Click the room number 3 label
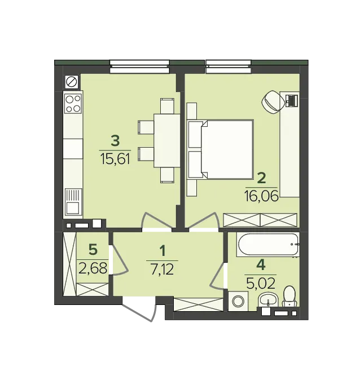tap(115, 139)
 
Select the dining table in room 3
tap(166, 140)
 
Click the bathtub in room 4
tap(268, 245)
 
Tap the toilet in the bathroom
tap(290, 296)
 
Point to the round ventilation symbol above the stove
tap(72, 82)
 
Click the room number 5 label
tap(93, 249)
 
